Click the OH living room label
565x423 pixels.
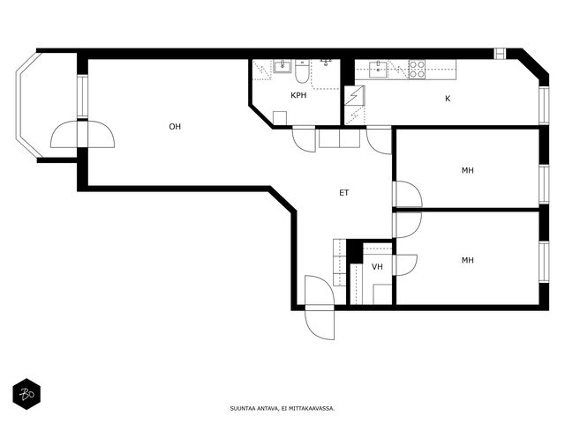[175, 127]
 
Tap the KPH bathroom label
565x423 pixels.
[298, 95]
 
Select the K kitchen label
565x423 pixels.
[448, 99]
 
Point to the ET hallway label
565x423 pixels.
[344, 193]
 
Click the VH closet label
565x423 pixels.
[377, 266]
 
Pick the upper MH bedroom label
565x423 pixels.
[468, 170]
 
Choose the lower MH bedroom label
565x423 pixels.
[468, 260]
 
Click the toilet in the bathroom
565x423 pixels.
[302, 70]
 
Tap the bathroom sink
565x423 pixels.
[282, 67]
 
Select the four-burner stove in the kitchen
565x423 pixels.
[417, 70]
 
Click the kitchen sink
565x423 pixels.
[378, 69]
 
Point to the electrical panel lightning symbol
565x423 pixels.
[355, 95]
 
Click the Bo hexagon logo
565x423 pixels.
[26, 394]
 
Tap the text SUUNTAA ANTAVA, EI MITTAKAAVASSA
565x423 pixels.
[282, 409]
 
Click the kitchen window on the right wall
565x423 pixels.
[544, 105]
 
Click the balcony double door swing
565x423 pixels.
[82, 134]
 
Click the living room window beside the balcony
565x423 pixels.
[82, 96]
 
